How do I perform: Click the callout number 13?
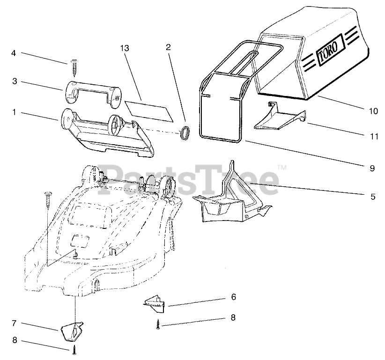124,48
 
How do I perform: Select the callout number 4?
14,53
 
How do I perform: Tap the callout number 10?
373,111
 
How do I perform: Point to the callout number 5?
373,197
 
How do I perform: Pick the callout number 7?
14,323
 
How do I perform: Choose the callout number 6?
233,297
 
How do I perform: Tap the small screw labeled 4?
74,67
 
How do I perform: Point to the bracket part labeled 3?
92,91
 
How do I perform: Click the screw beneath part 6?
159,323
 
